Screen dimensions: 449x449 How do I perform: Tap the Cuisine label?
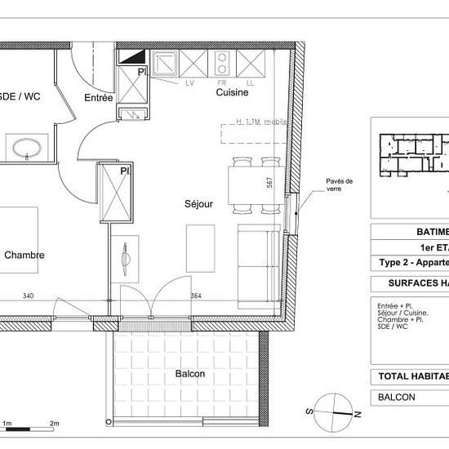pos(232,93)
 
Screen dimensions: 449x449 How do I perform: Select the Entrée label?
pos(99,98)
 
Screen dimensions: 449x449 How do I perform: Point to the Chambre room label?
pos(24,256)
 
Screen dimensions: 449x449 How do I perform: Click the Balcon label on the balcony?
pos(189,374)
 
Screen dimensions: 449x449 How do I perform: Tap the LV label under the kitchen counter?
pos(191,82)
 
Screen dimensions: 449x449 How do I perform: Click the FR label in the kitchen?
pos(220,82)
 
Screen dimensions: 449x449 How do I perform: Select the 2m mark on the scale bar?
pos(55,425)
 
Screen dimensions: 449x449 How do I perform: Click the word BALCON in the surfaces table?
pos(397,398)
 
